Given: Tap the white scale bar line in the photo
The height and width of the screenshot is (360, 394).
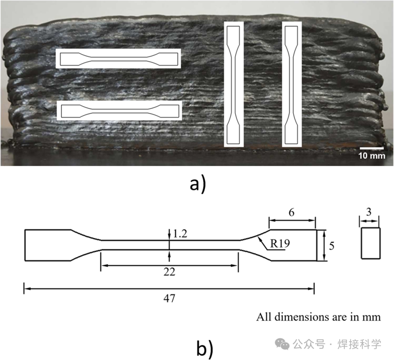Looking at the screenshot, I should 371,148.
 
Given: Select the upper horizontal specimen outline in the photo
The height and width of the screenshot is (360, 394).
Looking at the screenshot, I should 119,58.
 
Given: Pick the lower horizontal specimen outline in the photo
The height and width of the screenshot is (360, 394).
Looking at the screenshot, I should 119,110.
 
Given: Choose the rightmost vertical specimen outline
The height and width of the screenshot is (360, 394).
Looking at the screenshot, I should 292,84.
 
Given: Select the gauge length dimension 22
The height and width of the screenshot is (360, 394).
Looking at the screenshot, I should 170,272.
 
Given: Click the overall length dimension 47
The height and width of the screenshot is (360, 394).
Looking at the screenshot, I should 170,298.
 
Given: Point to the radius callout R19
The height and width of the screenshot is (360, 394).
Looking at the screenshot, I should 280,243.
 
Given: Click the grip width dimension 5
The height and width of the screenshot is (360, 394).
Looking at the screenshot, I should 332,246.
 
